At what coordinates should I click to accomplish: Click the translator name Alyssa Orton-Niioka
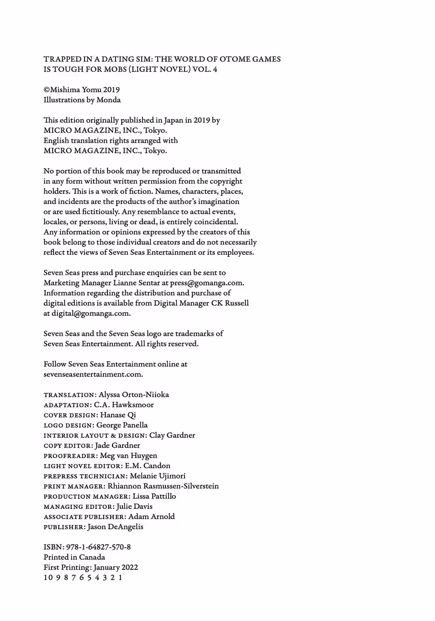pos(134,394)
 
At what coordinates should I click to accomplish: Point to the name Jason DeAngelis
pos(115,527)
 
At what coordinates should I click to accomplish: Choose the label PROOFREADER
pos(70,456)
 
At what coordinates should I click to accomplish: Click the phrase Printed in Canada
pos(74,557)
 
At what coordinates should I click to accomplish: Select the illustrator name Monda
pos(108,100)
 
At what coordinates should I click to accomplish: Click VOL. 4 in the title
pos(205,69)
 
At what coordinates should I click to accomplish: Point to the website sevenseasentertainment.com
pos(93,374)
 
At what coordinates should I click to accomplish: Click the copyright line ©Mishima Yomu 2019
pos(81,90)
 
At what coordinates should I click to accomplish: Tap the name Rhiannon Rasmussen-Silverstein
pos(163,486)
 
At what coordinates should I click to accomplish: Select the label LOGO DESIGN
pos(68,425)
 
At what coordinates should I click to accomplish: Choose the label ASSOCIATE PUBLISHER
pos(84,517)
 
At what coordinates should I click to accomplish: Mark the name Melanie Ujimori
pos(157,476)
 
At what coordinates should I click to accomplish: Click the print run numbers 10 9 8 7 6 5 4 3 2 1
pos(83,577)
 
